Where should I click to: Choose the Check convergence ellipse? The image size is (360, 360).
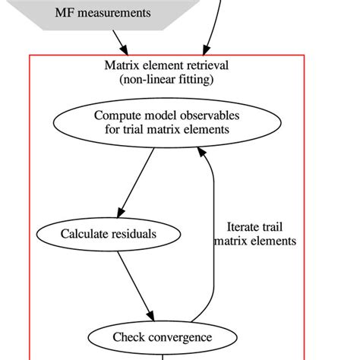pyautogui.click(x=162, y=336)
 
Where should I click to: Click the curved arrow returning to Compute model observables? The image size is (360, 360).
pyautogui.click(x=213, y=228)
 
